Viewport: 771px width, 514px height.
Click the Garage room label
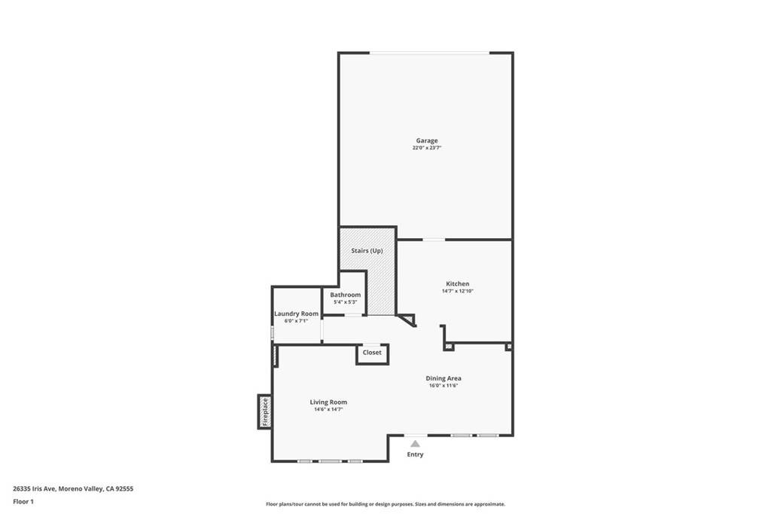(x=427, y=140)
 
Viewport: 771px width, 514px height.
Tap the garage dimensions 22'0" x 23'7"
(x=427, y=148)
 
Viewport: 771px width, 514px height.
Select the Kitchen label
(x=457, y=283)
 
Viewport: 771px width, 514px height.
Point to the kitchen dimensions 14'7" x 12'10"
(x=457, y=291)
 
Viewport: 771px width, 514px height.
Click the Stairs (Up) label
(x=367, y=250)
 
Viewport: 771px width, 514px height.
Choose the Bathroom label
(x=345, y=295)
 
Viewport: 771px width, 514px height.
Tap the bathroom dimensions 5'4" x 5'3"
(x=345, y=302)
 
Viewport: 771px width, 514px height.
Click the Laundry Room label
(x=296, y=314)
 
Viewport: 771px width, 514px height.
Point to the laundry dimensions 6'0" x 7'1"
(x=296, y=321)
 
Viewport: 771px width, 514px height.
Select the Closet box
(x=372, y=353)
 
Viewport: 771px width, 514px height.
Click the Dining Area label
(x=443, y=378)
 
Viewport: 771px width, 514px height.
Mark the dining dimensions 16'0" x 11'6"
(x=443, y=386)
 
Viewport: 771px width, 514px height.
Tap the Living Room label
(x=328, y=402)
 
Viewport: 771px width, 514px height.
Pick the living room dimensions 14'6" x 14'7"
(x=328, y=410)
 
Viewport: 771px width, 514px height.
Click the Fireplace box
(x=264, y=412)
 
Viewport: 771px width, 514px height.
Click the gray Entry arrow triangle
(x=415, y=444)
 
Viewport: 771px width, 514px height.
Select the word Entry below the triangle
(x=415, y=454)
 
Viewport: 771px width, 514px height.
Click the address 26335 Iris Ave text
(x=73, y=488)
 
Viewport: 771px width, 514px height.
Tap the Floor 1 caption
(x=23, y=501)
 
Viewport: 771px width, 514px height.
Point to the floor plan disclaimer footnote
(x=385, y=504)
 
